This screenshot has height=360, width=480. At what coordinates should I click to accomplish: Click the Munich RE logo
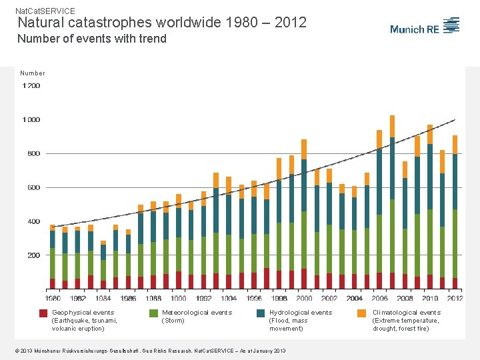(x=425, y=27)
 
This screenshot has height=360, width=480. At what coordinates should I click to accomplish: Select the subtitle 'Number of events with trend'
(x=91, y=39)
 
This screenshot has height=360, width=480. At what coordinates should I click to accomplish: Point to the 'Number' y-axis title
(x=33, y=73)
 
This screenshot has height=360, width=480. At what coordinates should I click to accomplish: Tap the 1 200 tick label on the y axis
(x=31, y=86)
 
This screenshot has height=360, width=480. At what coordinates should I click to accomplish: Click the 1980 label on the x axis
(x=53, y=299)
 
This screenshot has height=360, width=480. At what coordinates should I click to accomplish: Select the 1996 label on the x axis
(x=254, y=299)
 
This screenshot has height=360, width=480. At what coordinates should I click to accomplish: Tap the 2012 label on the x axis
(x=455, y=299)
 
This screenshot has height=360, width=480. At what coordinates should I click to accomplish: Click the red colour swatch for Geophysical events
(x=43, y=313)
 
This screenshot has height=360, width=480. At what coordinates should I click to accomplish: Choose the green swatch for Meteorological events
(x=153, y=313)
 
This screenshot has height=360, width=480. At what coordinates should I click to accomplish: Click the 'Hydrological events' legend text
(x=300, y=313)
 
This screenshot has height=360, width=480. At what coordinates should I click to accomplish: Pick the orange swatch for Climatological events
(x=361, y=313)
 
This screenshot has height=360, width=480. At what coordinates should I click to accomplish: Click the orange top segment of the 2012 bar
(x=455, y=145)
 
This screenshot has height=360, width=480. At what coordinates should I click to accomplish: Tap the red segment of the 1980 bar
(x=53, y=283)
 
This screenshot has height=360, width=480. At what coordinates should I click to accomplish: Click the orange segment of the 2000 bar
(x=304, y=149)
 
